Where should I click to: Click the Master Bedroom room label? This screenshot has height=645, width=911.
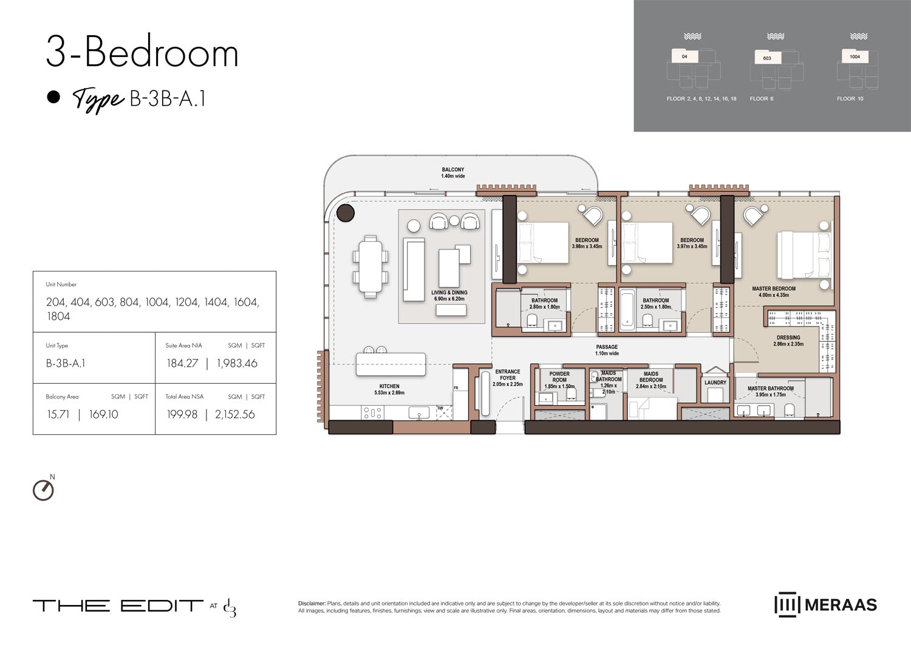point(773,292)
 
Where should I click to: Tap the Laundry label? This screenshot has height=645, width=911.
point(715,383)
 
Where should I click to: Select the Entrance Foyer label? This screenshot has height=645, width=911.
point(507,378)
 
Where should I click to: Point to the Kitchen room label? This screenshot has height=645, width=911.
point(389,389)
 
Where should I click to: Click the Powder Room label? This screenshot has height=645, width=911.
point(559,380)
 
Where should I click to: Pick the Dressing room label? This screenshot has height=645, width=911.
point(788,341)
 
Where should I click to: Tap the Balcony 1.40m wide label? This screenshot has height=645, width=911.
point(453,173)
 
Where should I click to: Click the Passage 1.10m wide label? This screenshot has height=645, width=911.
point(607,350)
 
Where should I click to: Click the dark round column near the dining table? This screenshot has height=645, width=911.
point(346,213)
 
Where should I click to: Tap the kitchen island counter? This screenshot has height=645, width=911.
point(391,365)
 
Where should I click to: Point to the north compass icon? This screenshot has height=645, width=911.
point(43,490)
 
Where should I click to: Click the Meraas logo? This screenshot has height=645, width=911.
point(825,605)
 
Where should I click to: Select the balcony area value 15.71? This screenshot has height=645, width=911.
point(58,414)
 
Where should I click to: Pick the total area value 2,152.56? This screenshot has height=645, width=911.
point(234,414)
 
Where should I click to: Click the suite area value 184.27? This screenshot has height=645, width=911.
point(182,363)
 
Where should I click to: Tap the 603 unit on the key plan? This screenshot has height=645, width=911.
point(767,58)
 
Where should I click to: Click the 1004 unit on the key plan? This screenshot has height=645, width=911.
point(855,56)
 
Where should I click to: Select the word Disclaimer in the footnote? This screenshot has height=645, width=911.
point(312,603)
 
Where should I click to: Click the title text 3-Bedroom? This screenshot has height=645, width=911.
point(142,53)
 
